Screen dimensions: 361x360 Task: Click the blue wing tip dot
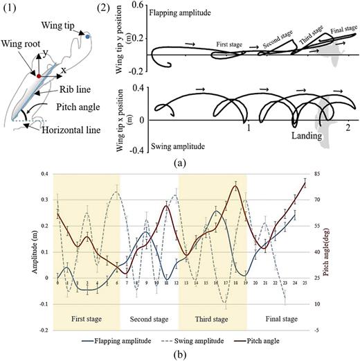[x=88, y=34]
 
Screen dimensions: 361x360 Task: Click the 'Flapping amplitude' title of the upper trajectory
[x=179, y=12]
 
